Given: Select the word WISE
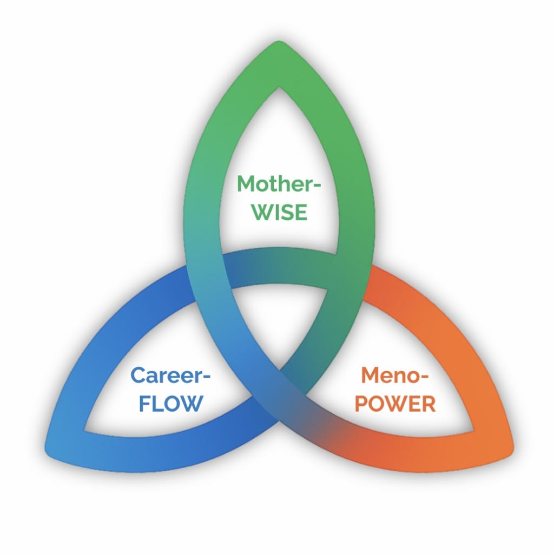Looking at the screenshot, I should click(280, 212).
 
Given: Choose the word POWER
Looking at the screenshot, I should click(395, 404).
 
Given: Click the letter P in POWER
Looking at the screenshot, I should click(361, 404).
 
